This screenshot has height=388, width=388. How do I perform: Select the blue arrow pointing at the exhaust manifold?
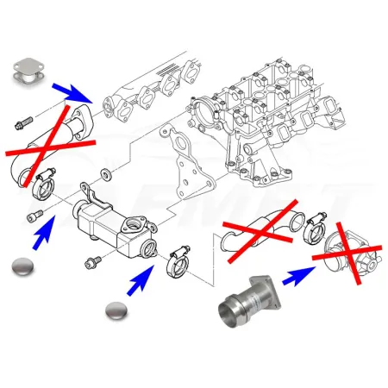[x=73, y=88]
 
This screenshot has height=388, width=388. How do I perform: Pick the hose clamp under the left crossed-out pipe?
[x=46, y=180]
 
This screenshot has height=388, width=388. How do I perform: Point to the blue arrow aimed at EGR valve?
[x=297, y=275]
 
